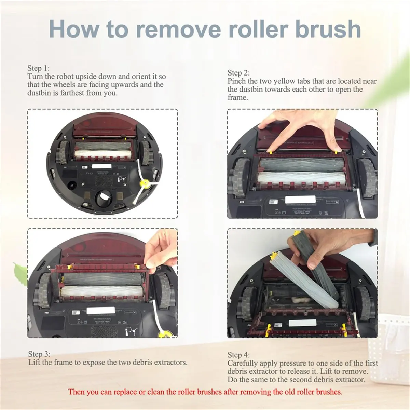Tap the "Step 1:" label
(39, 68)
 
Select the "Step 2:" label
(238, 73)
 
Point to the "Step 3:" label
(39, 354)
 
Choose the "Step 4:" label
(238, 355)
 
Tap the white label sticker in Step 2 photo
(299, 199)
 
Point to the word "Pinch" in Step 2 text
(236, 81)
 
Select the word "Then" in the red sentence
(76, 392)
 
